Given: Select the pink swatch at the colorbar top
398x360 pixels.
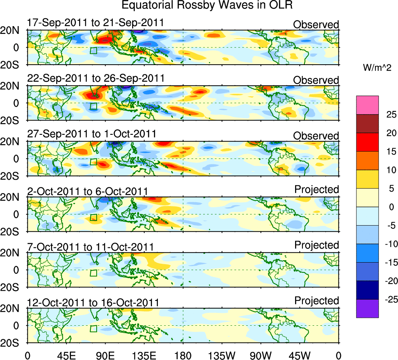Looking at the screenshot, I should [367, 105].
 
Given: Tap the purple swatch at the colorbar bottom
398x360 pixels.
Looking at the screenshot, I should [367, 309].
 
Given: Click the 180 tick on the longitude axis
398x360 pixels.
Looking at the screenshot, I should [183, 354].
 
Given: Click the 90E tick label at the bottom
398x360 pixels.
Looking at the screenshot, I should [105, 354].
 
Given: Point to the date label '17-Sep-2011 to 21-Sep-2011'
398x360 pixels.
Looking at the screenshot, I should [96, 23].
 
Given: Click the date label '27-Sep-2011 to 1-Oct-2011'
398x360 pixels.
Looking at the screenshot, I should [92, 134].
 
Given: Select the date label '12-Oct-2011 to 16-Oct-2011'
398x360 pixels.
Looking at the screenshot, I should [93, 302].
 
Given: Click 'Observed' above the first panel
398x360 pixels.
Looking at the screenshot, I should [316, 25].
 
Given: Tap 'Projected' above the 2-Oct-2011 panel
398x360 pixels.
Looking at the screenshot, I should [317, 189].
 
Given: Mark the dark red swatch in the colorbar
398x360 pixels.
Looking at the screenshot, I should [367, 124].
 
